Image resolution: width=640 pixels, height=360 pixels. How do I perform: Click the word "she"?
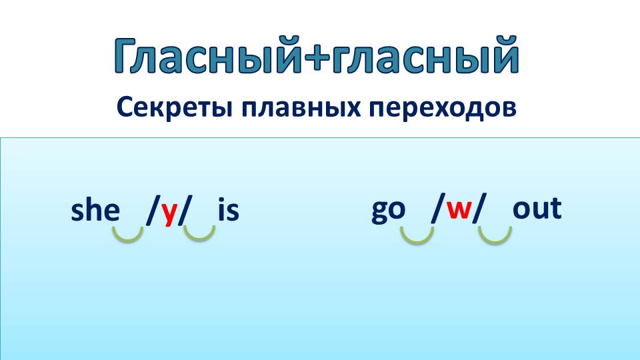tap(95, 211)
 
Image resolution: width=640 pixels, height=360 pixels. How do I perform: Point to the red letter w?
tap(459, 209)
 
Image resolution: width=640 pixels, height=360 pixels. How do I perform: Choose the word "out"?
tap(537, 209)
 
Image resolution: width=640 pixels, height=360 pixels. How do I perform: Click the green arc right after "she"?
tap(127, 233)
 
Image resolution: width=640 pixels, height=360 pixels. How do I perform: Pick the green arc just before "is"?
tap(199, 232)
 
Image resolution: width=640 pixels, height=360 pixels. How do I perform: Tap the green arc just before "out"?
tap(495, 235)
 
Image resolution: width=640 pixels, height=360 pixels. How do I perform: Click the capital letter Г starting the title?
tap(127, 56)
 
